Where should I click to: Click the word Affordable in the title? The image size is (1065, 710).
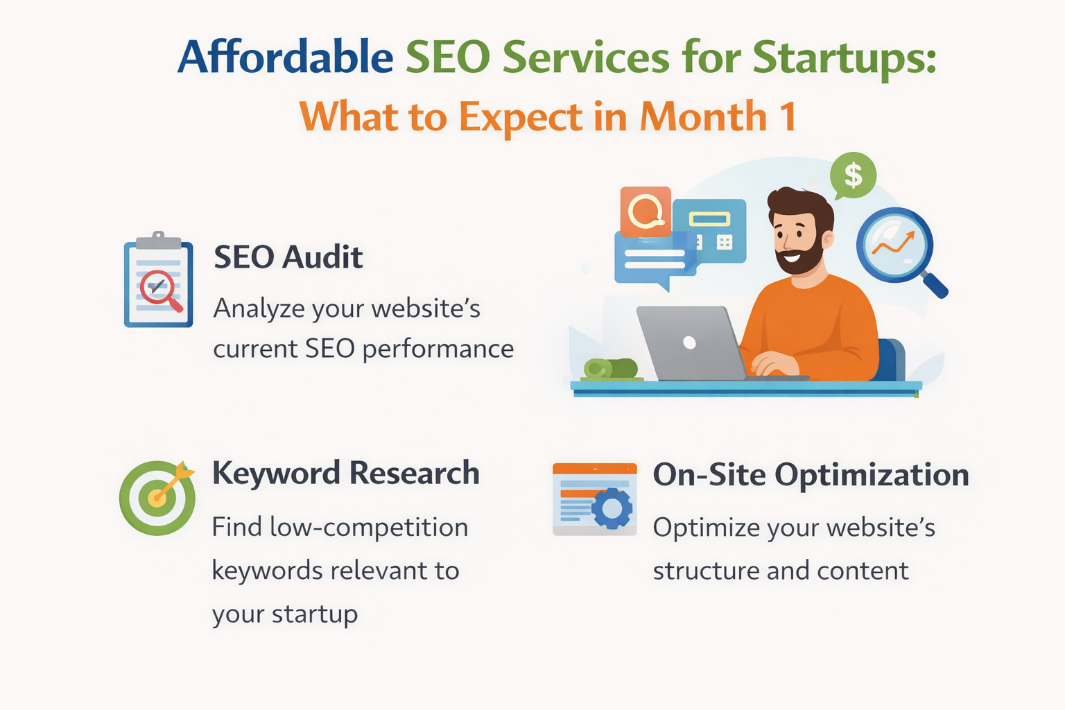point(285,57)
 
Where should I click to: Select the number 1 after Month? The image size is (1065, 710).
point(788,116)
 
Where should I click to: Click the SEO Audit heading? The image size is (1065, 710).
point(288,257)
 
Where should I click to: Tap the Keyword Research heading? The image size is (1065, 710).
point(345,474)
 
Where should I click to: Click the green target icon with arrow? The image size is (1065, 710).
point(157,497)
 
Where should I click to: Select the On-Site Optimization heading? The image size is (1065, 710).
point(811,475)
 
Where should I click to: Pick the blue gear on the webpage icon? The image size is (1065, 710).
point(612,509)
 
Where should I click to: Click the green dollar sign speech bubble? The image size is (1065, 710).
point(853,175)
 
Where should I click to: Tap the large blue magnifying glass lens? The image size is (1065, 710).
point(894,244)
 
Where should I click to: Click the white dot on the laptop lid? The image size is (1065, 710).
point(689,342)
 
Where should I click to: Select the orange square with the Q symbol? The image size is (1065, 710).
point(646,211)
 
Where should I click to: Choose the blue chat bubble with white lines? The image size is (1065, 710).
point(652,259)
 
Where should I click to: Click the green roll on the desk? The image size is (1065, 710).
point(610,368)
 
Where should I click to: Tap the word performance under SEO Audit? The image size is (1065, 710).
point(438,349)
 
